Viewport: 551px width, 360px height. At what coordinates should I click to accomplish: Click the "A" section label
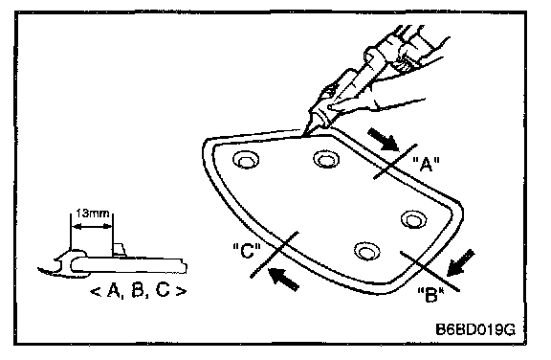426,164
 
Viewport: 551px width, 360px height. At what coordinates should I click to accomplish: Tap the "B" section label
430,295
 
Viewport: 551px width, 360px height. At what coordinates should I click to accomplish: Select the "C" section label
247,251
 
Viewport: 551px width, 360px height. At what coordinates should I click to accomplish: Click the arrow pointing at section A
383,139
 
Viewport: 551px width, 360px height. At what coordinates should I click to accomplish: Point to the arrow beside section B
461,263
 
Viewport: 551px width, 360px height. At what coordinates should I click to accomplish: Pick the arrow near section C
283,279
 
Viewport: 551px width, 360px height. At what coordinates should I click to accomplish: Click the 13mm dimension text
92,214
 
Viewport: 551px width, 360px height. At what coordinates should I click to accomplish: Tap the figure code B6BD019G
475,329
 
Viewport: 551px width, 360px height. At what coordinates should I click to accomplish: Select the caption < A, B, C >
138,291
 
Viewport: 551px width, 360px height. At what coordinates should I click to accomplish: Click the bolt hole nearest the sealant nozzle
326,159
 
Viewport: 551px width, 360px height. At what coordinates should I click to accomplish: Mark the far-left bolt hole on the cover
246,160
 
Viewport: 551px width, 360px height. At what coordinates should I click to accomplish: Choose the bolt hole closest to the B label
367,252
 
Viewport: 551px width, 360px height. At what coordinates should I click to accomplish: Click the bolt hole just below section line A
413,219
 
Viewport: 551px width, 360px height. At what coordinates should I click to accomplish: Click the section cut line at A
395,162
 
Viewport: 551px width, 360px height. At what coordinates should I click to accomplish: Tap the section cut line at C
275,255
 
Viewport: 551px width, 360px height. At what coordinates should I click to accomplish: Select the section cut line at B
430,271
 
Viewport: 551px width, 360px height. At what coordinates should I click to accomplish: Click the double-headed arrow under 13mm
92,226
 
